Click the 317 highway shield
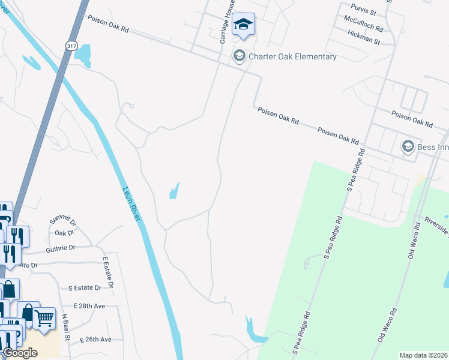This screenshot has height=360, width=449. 72,46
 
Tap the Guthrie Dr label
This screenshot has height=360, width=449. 59,247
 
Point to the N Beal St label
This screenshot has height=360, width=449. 67,329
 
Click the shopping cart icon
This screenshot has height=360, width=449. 44,319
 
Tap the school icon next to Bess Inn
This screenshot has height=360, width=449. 408,146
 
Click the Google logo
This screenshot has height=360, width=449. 20,353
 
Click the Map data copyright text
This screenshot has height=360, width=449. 423,355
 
